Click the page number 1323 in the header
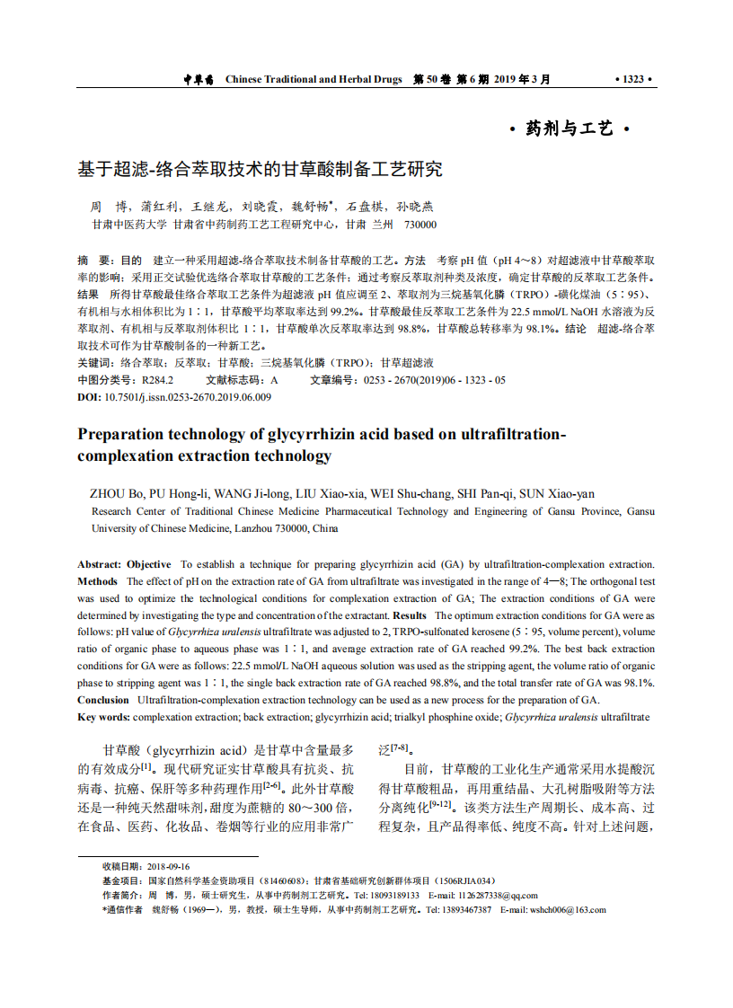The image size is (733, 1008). tap(632, 79)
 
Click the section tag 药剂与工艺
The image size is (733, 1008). tap(570, 129)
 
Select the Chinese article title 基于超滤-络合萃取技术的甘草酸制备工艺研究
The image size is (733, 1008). tap(260, 168)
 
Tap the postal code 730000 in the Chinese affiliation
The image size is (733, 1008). tap(420, 225)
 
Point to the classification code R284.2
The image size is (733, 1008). tap(158, 380)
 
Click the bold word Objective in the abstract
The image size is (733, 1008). tap(148, 564)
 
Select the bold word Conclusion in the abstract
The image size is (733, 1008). tap(103, 700)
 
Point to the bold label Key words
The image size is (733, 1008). tap(103, 717)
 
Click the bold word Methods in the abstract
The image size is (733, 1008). tap(97, 581)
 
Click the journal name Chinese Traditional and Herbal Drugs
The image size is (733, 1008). tap(313, 79)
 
